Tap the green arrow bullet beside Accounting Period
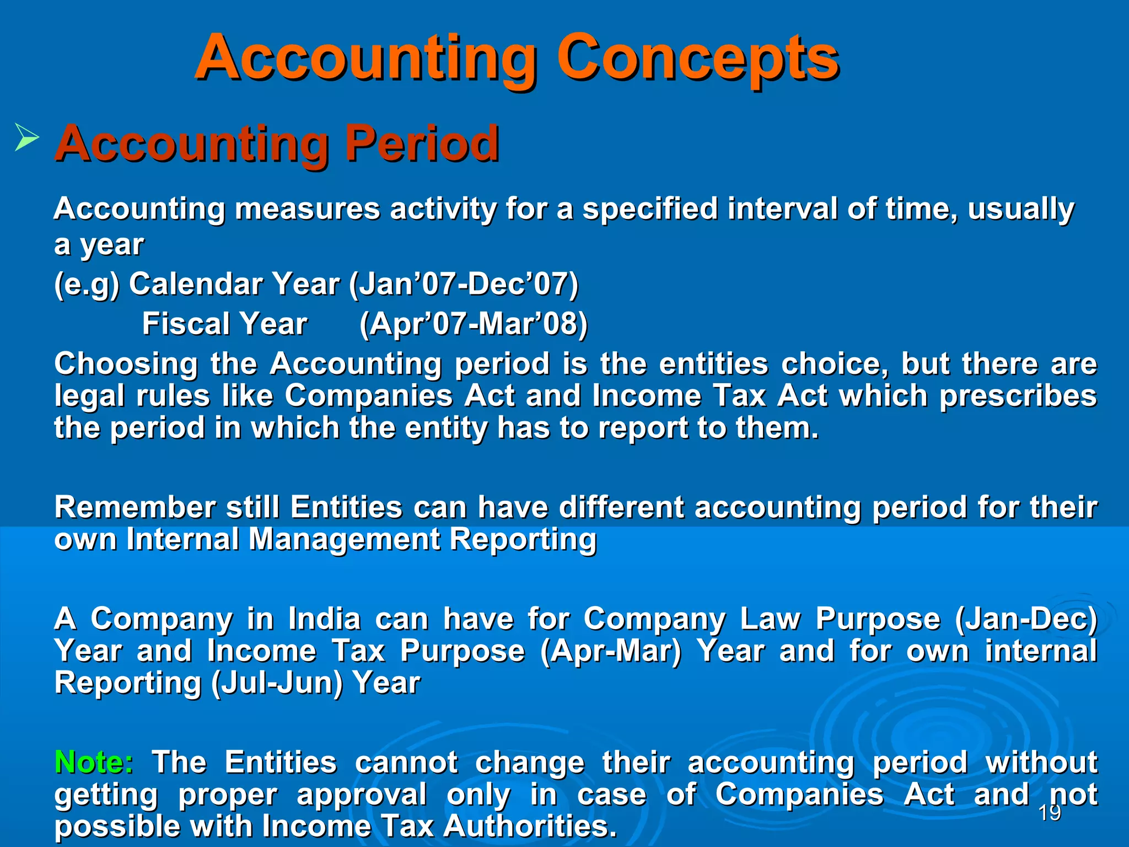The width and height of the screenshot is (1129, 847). pyautogui.click(x=26, y=137)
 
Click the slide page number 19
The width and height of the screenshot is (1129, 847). pyautogui.click(x=1049, y=812)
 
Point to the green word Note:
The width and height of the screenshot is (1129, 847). pyautogui.click(x=94, y=762)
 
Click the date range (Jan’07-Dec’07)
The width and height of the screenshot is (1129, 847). pyautogui.click(x=464, y=285)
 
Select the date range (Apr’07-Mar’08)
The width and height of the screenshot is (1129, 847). pyautogui.click(x=473, y=324)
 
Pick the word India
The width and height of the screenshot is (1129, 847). pyautogui.click(x=324, y=619)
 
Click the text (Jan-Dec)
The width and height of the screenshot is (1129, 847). pyautogui.click(x=1026, y=619)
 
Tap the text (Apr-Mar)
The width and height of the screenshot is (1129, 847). pyautogui.click(x=611, y=651)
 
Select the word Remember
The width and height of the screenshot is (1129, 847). pyautogui.click(x=135, y=507)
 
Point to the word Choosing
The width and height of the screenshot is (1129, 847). pyautogui.click(x=126, y=364)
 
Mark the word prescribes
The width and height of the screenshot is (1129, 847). pyautogui.click(x=1018, y=396)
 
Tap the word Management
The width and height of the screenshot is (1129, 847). pyautogui.click(x=344, y=539)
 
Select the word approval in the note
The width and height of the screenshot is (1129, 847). pyautogui.click(x=362, y=795)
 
